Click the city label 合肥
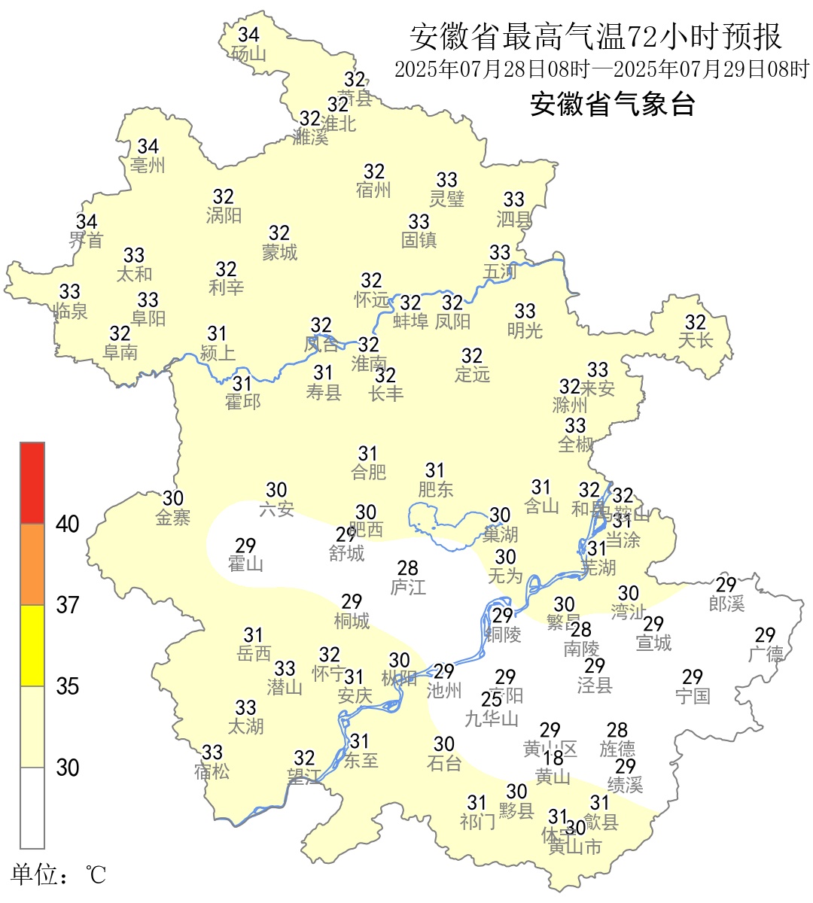368,472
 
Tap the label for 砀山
248,53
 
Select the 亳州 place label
148,165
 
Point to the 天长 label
696,340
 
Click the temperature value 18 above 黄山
553,759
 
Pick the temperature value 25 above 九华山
492,700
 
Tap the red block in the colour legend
32,482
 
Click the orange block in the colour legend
32,564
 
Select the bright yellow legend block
32,646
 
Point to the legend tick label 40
68,524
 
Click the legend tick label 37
68,605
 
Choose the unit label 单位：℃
59,874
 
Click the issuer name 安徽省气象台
612,104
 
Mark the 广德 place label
766,654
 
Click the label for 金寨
173,517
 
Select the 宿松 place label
212,771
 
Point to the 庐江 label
408,587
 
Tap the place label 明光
525,330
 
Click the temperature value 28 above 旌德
617,730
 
